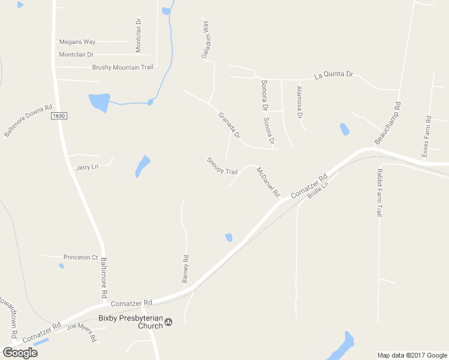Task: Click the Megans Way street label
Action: tap(77, 42)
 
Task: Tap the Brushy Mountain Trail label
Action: tap(122, 67)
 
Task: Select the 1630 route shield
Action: tap(58, 116)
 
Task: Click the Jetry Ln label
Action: tap(87, 167)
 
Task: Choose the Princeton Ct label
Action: tap(80, 257)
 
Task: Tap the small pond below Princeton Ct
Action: tap(61, 266)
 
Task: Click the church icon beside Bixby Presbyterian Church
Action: tap(169, 322)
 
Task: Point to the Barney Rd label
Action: tap(185, 269)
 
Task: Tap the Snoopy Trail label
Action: tap(222, 166)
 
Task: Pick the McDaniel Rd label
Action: tap(268, 182)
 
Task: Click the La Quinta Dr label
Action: tap(334, 76)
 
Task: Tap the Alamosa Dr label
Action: tap(300, 101)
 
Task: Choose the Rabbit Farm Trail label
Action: tap(379, 193)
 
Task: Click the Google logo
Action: tap(20, 352)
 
